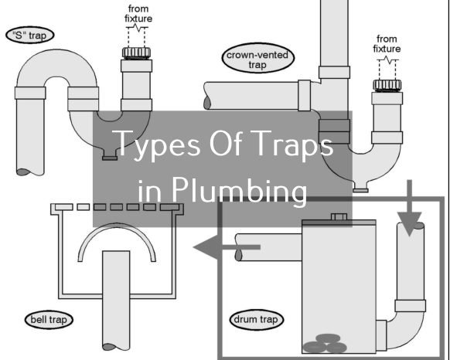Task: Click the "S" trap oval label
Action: (30, 35)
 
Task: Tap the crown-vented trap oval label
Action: (258, 58)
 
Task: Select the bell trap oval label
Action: (49, 319)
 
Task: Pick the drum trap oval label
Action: (257, 319)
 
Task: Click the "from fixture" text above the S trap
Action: (138, 14)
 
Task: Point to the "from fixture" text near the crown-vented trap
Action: (387, 44)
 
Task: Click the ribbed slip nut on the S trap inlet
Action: (136, 53)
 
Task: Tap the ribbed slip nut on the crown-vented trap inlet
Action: (387, 85)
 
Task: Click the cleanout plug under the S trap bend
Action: (110, 158)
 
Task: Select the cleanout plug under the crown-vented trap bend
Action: (360, 190)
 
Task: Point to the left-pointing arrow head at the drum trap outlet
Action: (207, 247)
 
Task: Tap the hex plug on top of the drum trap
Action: (339, 216)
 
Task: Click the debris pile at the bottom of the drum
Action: (325, 344)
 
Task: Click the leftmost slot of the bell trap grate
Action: (63, 207)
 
